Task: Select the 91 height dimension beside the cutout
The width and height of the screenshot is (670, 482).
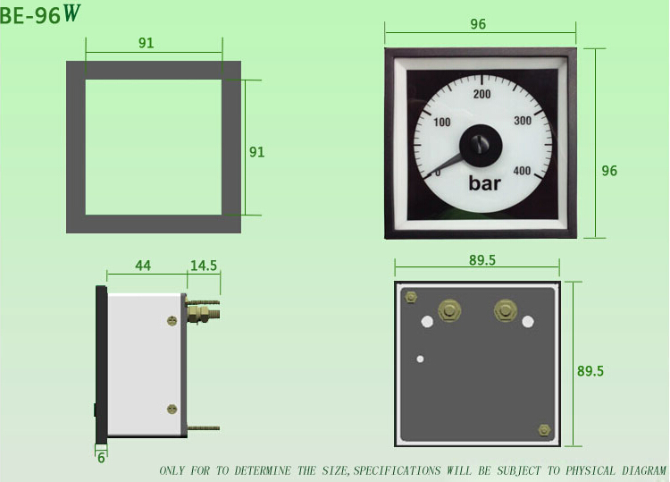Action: [256, 152]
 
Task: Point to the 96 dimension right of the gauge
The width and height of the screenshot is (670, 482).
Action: [609, 171]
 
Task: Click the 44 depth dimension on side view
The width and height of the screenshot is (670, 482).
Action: [143, 266]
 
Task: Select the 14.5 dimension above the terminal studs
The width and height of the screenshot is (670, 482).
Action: [204, 266]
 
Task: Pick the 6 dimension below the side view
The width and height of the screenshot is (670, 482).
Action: [101, 456]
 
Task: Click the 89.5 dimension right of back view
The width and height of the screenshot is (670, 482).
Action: [590, 371]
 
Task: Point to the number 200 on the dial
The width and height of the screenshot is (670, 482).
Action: [482, 94]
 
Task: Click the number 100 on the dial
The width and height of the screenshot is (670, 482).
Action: [441, 122]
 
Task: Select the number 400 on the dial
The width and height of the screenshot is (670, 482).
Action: [522, 172]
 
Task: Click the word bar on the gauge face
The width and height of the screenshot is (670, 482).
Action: [486, 184]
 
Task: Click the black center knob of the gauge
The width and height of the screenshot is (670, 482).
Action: [480, 143]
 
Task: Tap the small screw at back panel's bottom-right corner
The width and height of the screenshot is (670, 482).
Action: [544, 430]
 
